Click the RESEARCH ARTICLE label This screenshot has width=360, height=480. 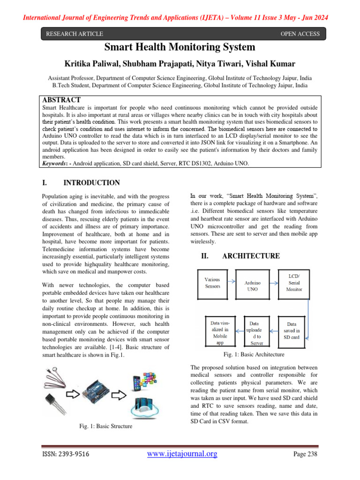(74, 34)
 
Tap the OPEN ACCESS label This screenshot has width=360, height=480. (300, 34)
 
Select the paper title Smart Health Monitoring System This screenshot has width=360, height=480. (180, 47)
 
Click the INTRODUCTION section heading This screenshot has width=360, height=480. (91, 183)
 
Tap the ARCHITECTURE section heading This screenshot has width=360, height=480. (251, 256)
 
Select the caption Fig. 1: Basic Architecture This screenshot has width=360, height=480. (255, 354)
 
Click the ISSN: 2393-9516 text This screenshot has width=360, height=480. (66, 454)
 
